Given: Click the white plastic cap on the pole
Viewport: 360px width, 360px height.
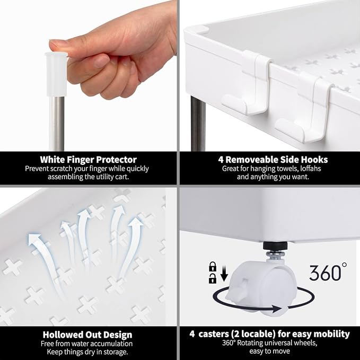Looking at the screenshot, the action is [57, 74].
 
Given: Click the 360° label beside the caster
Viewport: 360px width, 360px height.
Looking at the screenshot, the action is [328, 272].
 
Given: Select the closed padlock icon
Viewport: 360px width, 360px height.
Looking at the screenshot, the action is [213, 266].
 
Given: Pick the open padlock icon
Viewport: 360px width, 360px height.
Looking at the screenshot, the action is [213, 278].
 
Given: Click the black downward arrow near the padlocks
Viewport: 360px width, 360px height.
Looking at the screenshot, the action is [224, 274].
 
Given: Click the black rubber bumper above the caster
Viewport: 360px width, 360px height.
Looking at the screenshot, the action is [275, 245].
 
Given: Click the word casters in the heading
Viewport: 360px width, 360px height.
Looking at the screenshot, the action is [214, 334].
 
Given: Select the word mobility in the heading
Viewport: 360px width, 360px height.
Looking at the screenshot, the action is [331, 334].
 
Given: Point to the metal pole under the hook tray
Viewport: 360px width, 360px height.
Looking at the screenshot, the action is [198, 124].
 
